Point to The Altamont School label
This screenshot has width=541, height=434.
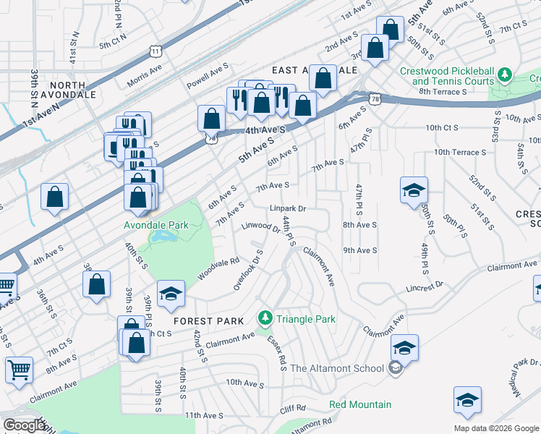tap(337, 368)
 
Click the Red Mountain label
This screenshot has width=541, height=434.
tap(360, 404)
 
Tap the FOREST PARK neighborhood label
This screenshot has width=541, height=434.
tap(203, 321)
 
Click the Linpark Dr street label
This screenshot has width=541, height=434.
tap(289, 208)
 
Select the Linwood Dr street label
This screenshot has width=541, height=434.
tap(260, 228)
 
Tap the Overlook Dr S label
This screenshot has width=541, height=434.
tap(247, 271)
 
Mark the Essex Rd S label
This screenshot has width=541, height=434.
tap(276, 352)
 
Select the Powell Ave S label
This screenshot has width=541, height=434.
tap(208, 77)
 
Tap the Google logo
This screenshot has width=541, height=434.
tap(24, 425)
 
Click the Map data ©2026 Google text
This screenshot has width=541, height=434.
tap(496, 428)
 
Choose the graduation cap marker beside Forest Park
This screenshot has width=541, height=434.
tap(171, 293)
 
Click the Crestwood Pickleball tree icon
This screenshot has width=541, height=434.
tap(505, 74)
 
